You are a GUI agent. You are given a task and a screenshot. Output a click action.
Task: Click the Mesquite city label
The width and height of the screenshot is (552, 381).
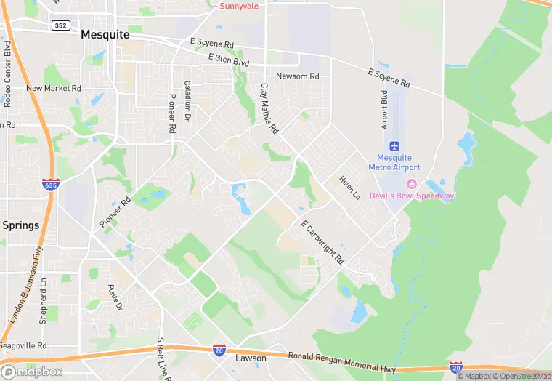click(x=105, y=34)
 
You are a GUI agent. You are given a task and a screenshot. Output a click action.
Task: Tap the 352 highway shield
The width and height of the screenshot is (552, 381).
click(x=61, y=25)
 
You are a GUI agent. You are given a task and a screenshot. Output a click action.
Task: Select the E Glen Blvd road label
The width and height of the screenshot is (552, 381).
click(x=229, y=59)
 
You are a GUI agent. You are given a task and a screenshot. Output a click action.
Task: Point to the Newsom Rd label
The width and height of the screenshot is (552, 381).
click(x=297, y=76)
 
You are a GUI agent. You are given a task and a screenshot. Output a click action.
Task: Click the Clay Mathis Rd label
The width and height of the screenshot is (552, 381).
click(x=269, y=108)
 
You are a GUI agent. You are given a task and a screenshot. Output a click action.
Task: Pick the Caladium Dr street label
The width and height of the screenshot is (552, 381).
click(x=187, y=100)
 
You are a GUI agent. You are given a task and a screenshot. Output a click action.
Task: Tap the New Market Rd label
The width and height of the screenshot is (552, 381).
click(x=54, y=89)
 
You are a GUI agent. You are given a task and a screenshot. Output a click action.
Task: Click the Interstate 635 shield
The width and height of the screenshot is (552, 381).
click(x=50, y=185)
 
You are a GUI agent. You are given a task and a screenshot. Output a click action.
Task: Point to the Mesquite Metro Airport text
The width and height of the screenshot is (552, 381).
click(x=394, y=162)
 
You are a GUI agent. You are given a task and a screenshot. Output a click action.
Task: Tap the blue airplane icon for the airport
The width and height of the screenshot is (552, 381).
click(x=394, y=146)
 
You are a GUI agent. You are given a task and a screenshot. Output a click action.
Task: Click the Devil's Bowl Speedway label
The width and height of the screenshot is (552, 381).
click(x=412, y=196)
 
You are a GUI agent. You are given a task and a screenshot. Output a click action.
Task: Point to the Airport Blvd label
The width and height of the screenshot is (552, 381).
click(x=384, y=110)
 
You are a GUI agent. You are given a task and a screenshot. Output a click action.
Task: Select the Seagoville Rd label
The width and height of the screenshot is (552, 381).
click(x=23, y=345)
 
